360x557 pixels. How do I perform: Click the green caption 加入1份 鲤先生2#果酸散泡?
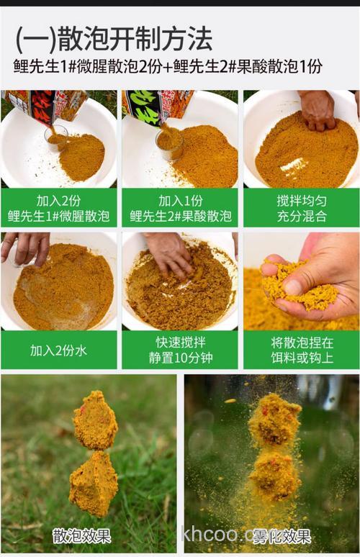[180, 207]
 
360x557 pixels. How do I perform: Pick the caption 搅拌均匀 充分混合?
[301, 207]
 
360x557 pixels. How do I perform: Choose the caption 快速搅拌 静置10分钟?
[180, 350]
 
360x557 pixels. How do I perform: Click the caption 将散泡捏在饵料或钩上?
[301, 350]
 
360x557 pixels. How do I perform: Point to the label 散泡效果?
[81, 535]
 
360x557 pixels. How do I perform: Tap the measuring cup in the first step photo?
[56, 136]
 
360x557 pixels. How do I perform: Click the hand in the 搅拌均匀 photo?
[318, 109]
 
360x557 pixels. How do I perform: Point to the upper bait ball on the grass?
[95, 421]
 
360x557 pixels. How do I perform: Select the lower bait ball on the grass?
[93, 484]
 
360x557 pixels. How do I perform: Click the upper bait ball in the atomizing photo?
[275, 419]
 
